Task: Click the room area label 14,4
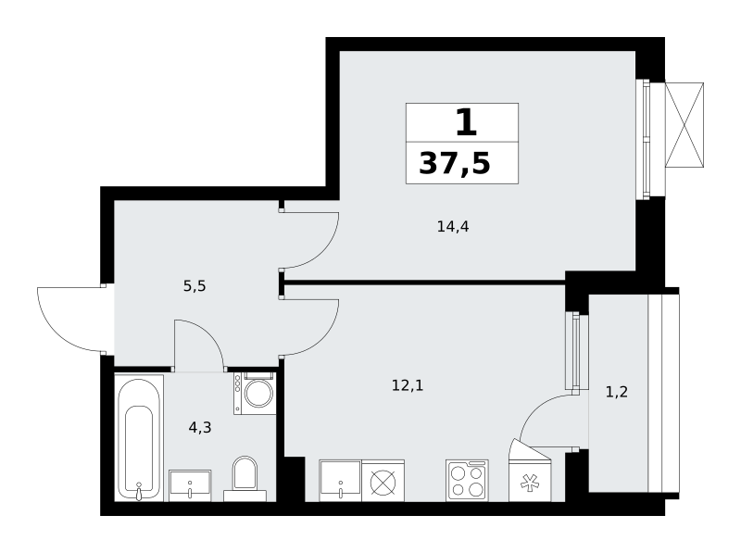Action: pyautogui.click(x=453, y=227)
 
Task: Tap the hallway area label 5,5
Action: pyautogui.click(x=195, y=286)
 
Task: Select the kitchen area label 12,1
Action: pyautogui.click(x=408, y=385)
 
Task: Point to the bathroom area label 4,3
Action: pyautogui.click(x=200, y=428)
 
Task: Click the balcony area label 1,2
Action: pyautogui.click(x=617, y=392)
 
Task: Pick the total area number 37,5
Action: pyautogui.click(x=455, y=164)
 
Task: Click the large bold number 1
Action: pyautogui.click(x=466, y=122)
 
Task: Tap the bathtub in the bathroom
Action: pyautogui.click(x=139, y=437)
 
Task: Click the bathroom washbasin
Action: pyautogui.click(x=190, y=485)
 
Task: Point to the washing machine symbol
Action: pyautogui.click(x=255, y=394)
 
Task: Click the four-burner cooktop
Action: pyautogui.click(x=467, y=481)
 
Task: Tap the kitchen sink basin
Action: pyautogui.click(x=340, y=481)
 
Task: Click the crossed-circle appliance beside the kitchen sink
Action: pyautogui.click(x=383, y=481)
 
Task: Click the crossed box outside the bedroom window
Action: pyautogui.click(x=684, y=125)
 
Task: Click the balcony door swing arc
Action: pyautogui.click(x=534, y=408)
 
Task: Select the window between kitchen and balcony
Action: pyautogui.click(x=575, y=352)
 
